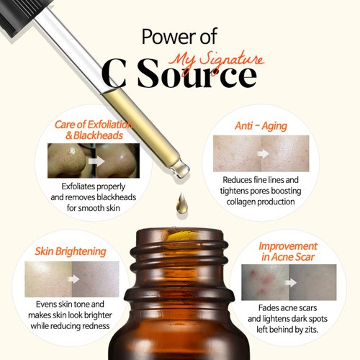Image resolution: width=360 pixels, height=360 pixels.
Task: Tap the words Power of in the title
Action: [181, 36]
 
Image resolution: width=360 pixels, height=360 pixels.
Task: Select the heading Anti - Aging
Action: [261, 126]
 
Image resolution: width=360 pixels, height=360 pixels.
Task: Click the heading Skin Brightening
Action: [71, 251]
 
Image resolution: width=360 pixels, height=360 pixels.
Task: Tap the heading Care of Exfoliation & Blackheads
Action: [86, 130]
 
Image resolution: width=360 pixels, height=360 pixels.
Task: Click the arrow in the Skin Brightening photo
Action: [72, 279]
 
